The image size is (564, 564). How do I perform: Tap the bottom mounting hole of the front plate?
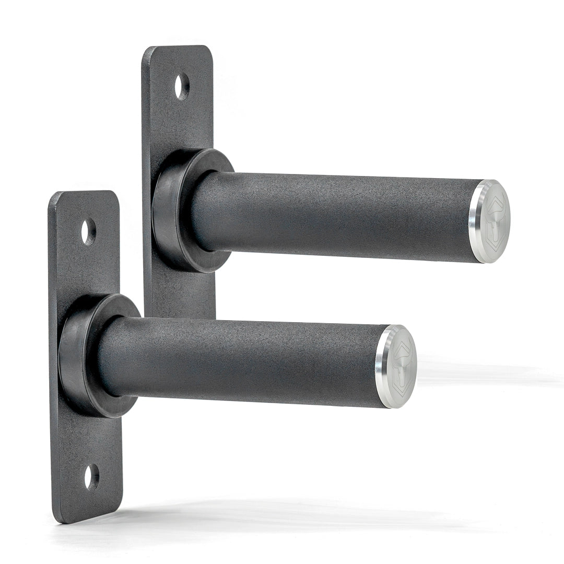tap(91, 476)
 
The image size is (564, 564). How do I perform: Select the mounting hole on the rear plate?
tap(182, 87)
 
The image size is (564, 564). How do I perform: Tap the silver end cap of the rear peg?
tap(491, 221)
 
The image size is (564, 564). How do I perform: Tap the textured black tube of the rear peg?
tap(334, 217)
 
